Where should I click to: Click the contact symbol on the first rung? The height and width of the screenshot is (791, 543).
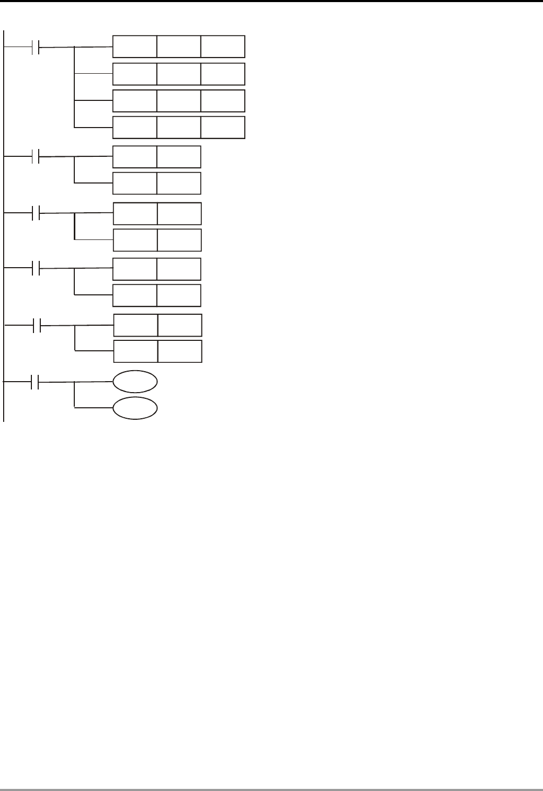point(36,47)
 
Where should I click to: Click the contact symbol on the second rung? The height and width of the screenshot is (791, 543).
point(36,156)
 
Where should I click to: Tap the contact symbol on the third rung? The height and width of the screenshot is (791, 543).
point(36,213)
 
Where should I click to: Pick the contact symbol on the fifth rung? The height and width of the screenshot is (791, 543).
point(37,326)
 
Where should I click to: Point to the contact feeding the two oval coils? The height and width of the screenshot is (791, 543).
point(36,382)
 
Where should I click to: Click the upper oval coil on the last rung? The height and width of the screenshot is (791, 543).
point(135,382)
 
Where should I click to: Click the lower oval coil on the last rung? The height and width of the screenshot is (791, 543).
point(135,408)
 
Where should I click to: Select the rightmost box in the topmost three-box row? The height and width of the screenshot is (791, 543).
point(223,47)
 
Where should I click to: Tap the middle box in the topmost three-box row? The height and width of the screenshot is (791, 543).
point(179,47)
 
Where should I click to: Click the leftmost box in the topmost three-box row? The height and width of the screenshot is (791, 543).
point(135,47)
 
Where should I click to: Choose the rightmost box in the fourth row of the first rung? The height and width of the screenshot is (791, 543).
point(223,128)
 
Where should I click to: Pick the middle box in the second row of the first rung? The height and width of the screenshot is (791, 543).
point(179,74)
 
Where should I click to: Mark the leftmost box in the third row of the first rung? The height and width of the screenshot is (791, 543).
point(135,101)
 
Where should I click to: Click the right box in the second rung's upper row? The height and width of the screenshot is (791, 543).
point(179,157)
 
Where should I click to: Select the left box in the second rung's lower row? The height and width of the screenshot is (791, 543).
point(135,183)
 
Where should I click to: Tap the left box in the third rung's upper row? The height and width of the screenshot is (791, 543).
point(135,213)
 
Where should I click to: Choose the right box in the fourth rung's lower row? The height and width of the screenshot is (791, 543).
point(179,295)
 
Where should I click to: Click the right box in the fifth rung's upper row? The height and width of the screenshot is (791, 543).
point(180,325)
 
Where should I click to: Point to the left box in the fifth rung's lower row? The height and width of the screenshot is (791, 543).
point(136,351)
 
